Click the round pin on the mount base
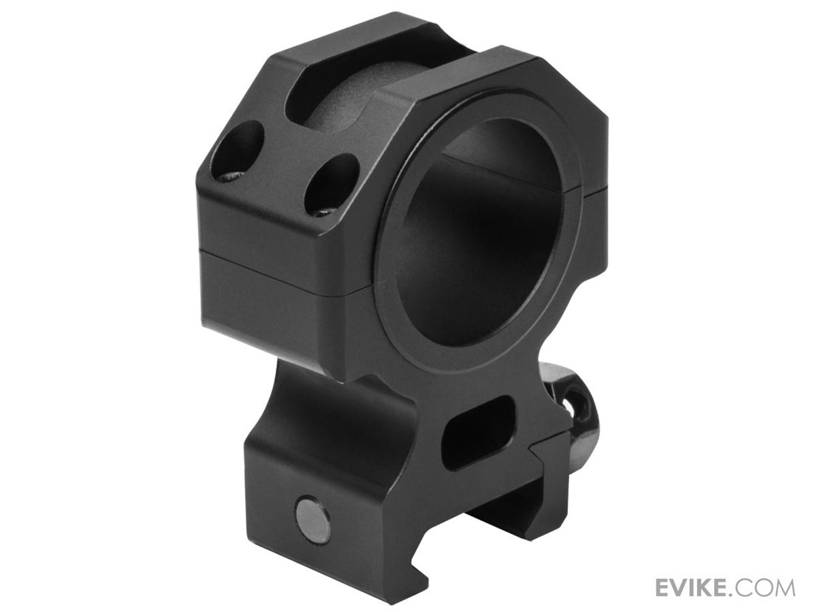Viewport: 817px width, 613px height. pyautogui.click(x=312, y=515)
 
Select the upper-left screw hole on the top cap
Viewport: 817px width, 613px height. pyautogui.click(x=238, y=151)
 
